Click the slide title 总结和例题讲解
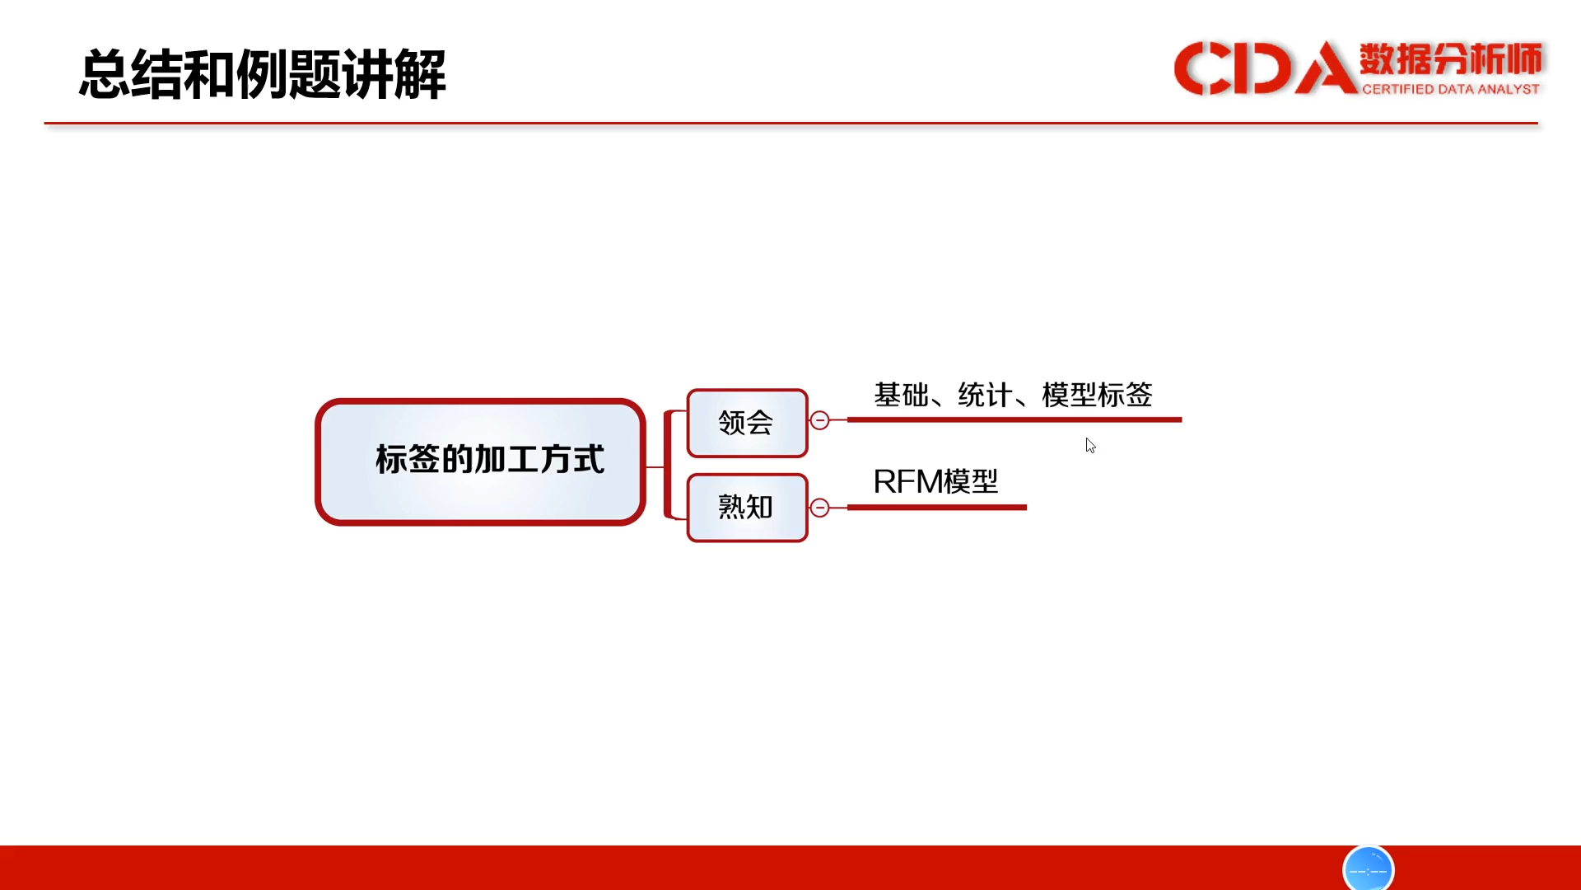(263, 74)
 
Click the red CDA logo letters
(1265, 68)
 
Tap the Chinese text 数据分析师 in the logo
(1451, 59)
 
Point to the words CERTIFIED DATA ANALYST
(1451, 89)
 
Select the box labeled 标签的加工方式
(480, 461)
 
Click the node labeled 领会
(747, 423)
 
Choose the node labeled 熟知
(747, 508)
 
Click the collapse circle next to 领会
(819, 420)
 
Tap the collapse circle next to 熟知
(819, 508)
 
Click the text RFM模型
(935, 481)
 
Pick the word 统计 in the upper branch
(986, 395)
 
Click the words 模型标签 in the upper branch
(1097, 395)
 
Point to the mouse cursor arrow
(1090, 445)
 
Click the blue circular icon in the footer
(1368, 869)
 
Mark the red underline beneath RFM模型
(937, 508)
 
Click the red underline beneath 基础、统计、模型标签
(1014, 419)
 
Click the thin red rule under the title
(790, 124)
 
